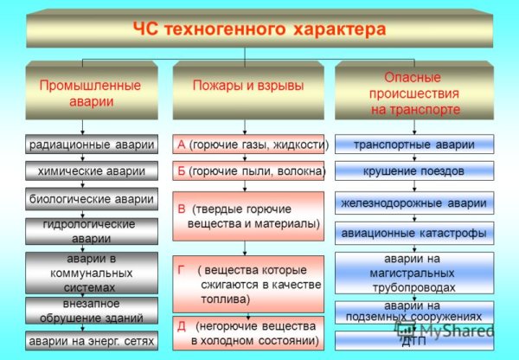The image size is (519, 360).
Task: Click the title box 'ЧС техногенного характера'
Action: coord(259,30)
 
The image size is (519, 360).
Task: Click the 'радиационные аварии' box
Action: coord(91,145)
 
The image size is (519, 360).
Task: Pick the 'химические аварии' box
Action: coord(91,171)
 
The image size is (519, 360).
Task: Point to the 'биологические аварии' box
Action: coord(91,199)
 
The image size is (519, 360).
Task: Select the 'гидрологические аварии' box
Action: coord(91,231)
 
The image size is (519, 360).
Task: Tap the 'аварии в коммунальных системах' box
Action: coord(91,273)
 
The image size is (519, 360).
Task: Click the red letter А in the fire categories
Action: coord(181,144)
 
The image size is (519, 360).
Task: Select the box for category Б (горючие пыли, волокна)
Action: coord(248,171)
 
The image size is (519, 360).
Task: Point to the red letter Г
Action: coord(181,269)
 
